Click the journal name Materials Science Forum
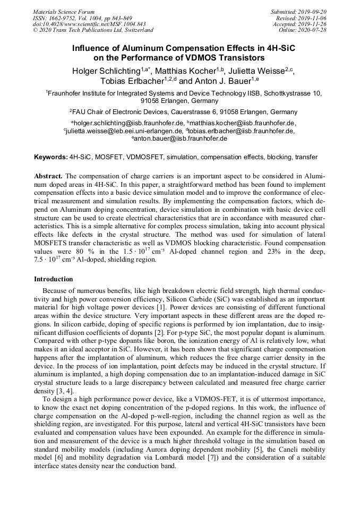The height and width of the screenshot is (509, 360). pyautogui.click(x=64, y=12)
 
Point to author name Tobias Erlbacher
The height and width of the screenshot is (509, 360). pyautogui.click(x=130, y=81)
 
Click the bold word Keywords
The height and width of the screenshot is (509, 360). pyautogui.click(x=50, y=157)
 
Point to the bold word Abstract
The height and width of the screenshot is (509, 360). pyautogui.click(x=48, y=176)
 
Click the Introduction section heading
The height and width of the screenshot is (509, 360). pyautogui.click(x=54, y=279)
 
